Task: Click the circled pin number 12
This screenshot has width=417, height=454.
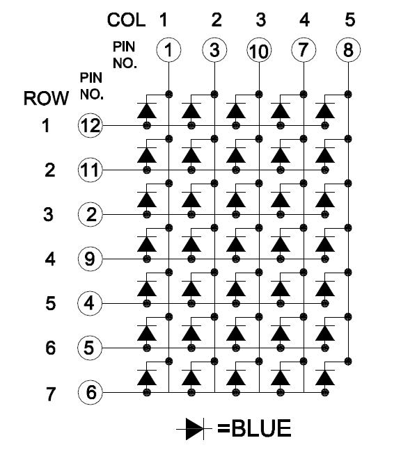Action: (x=91, y=125)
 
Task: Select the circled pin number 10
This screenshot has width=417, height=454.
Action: (x=259, y=50)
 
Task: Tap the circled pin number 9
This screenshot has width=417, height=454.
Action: (x=91, y=259)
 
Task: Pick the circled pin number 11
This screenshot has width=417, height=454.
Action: (x=91, y=170)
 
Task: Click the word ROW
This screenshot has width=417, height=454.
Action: (x=46, y=98)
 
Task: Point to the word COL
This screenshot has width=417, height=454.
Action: (x=126, y=20)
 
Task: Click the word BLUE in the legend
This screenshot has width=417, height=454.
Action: (x=262, y=428)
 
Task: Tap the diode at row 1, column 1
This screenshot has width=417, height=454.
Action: (x=147, y=111)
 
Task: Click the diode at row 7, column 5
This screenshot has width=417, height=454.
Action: (x=325, y=378)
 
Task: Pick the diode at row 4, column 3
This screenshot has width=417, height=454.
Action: (x=236, y=244)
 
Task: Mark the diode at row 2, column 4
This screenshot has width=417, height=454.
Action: (x=281, y=155)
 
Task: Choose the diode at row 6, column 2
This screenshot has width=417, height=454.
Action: (x=191, y=333)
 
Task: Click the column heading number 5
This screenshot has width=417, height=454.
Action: (x=350, y=19)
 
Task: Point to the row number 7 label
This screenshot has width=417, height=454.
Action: (x=50, y=394)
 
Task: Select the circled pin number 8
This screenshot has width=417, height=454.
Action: (x=348, y=50)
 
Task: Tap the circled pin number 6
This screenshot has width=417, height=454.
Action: (x=91, y=392)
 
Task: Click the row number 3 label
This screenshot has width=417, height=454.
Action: (x=49, y=215)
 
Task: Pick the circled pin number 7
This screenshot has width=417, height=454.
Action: (x=304, y=50)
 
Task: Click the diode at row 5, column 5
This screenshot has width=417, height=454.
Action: (x=325, y=289)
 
